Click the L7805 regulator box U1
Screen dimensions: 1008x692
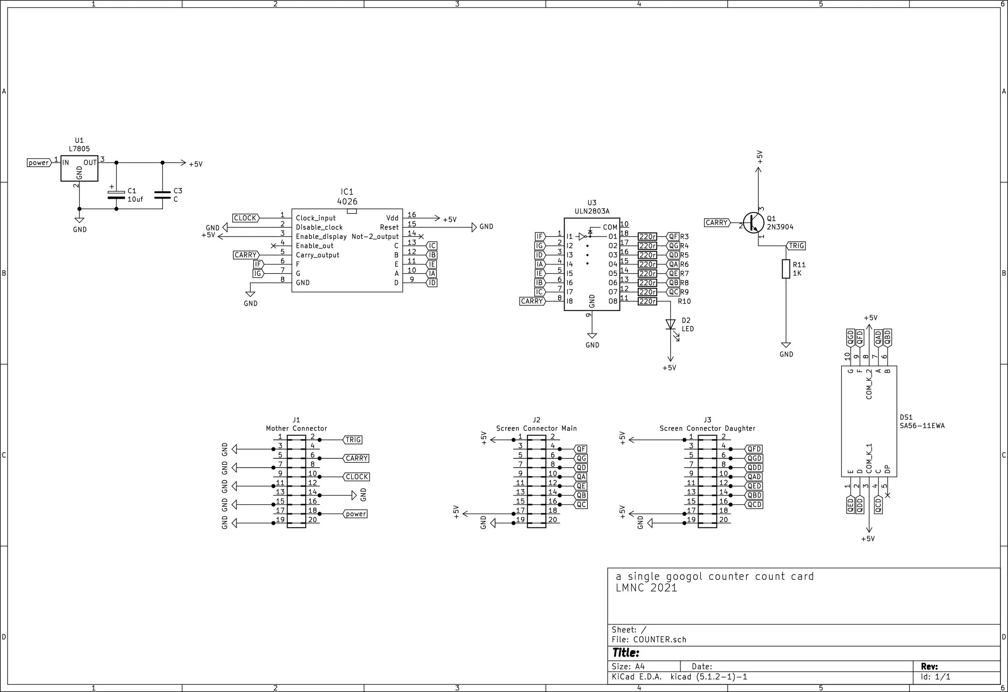79,169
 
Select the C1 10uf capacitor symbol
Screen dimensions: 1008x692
116,195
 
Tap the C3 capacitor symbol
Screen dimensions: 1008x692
162,195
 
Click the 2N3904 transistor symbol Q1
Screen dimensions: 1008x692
754,223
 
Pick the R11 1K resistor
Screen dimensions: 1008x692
786,269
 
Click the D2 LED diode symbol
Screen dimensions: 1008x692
671,325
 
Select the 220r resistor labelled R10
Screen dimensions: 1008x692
647,301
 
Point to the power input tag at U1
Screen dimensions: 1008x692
39,163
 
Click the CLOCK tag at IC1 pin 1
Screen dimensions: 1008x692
246,218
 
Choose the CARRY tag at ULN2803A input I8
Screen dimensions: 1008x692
533,301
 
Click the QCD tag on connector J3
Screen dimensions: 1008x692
754,504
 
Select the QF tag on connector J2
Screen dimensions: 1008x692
581,449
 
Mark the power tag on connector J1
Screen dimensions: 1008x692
355,514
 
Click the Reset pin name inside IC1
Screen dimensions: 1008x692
389,227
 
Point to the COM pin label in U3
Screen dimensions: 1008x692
610,227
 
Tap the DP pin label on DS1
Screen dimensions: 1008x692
887,469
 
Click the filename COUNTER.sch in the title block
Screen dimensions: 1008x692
660,640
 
